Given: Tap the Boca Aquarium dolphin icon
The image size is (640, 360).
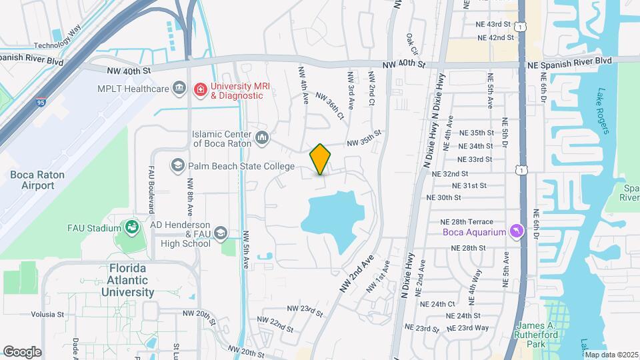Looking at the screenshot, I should tap(515, 231).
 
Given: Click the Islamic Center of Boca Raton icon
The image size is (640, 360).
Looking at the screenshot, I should tap(262, 139).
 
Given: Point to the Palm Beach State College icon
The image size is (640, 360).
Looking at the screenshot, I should tap(178, 165).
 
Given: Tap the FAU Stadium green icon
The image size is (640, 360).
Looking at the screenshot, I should tap(131, 228).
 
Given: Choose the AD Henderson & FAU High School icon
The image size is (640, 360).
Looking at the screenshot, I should tap(221, 233).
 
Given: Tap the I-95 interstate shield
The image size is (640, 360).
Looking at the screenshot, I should tap(41, 103).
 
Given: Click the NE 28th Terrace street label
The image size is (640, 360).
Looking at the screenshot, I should tap(467, 221).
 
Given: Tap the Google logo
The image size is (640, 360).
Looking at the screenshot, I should tap(22, 351).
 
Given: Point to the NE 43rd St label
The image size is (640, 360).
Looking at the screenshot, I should tap(489, 24).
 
